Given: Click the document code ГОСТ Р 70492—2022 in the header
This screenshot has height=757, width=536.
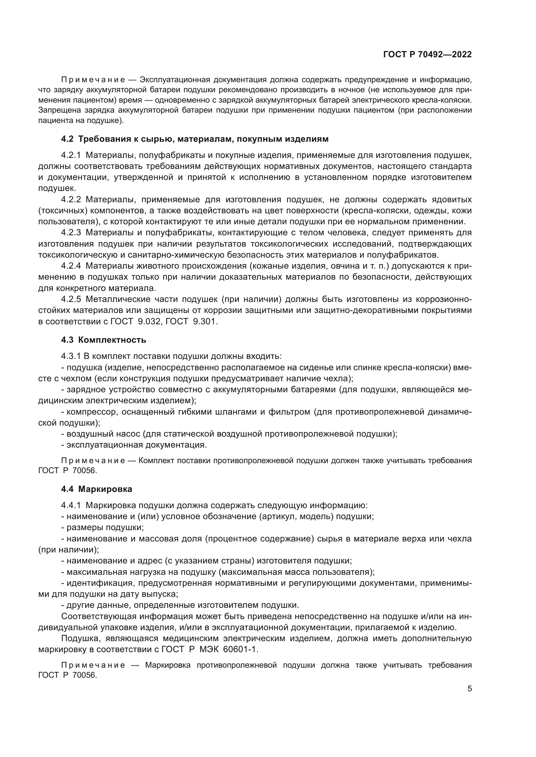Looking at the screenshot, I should pos(427,55).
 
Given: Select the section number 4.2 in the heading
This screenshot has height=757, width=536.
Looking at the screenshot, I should pos(67,139).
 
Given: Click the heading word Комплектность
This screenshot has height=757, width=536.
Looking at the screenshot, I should pos(112,340).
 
